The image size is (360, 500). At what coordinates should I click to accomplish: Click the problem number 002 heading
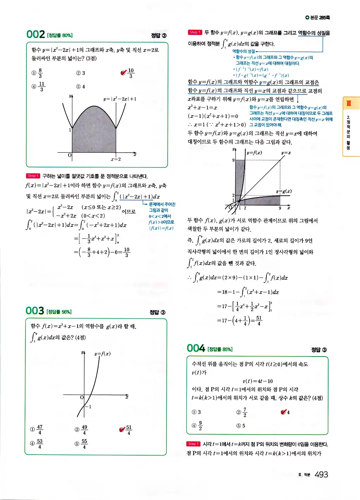coord(35,34)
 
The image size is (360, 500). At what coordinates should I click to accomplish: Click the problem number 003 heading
coord(35,311)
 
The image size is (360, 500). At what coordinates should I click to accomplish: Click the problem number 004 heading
coord(196,348)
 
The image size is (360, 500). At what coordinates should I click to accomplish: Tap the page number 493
coord(321,475)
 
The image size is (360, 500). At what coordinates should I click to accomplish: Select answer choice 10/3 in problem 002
coord(131,73)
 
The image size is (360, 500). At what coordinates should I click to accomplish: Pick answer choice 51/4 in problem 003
coord(128,430)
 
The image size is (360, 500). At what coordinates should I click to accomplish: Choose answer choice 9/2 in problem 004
coord(200,426)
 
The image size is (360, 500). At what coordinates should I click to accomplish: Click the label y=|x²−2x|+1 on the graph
coord(120,99)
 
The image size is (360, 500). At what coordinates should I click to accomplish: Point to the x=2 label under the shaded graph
coord(116,159)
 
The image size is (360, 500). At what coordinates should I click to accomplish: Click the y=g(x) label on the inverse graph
coord(284,191)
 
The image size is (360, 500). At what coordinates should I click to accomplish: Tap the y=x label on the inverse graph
coord(286,153)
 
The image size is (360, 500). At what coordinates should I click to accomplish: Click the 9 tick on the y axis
coord(233,160)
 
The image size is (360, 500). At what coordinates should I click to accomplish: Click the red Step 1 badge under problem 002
coord(33,176)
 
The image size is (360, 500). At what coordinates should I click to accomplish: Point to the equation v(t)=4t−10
coord(258,381)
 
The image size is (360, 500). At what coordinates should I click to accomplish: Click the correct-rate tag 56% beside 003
coord(59,312)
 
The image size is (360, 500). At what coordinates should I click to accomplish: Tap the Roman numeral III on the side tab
coord(349,103)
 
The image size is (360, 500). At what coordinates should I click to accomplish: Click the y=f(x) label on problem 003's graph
coord(102,354)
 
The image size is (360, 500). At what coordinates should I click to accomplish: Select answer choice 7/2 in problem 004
coord(245,412)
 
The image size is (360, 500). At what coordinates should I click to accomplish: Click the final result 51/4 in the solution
coord(259,321)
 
